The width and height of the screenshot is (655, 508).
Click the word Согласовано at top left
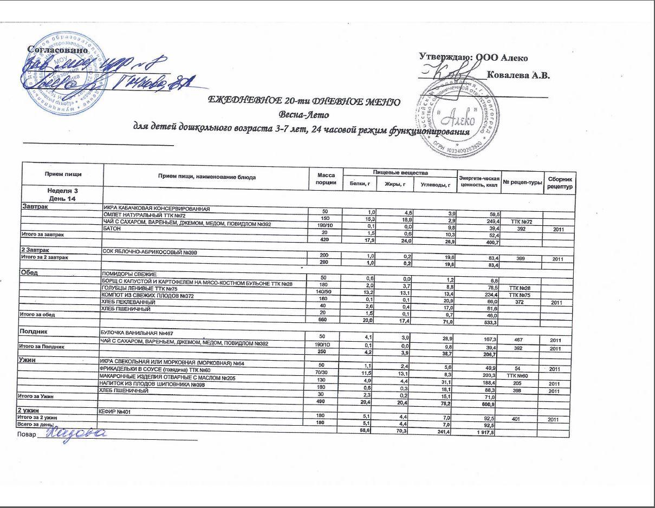click(x=57, y=49)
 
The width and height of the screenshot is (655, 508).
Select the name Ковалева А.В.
click(x=518, y=75)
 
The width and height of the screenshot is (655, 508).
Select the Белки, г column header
click(x=359, y=184)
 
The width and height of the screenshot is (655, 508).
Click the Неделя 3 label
click(x=62, y=191)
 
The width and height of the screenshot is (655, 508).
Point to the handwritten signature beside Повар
click(x=75, y=434)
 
